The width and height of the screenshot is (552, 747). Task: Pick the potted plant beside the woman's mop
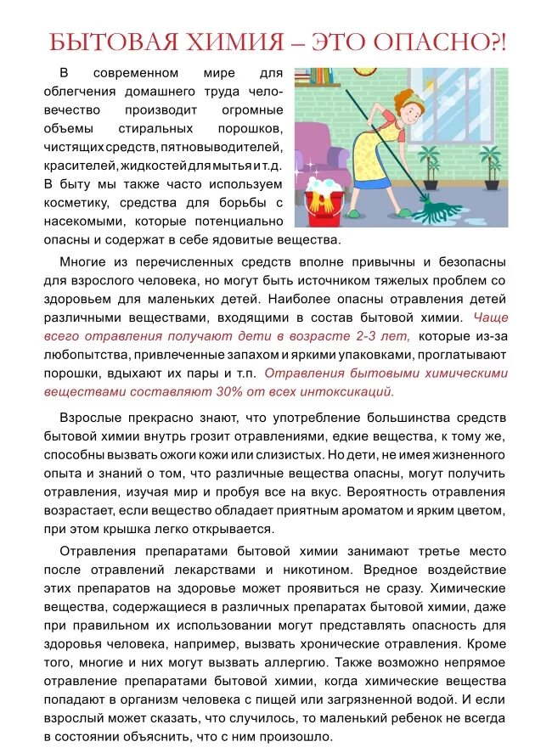(430, 165)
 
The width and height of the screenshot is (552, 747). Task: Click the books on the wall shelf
(316, 75)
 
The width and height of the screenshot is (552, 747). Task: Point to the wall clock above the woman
(368, 70)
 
